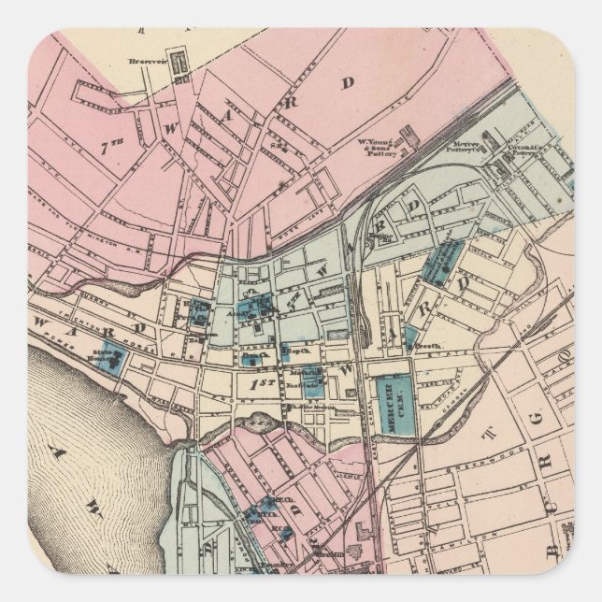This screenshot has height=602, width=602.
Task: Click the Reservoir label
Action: tap(147, 64)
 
